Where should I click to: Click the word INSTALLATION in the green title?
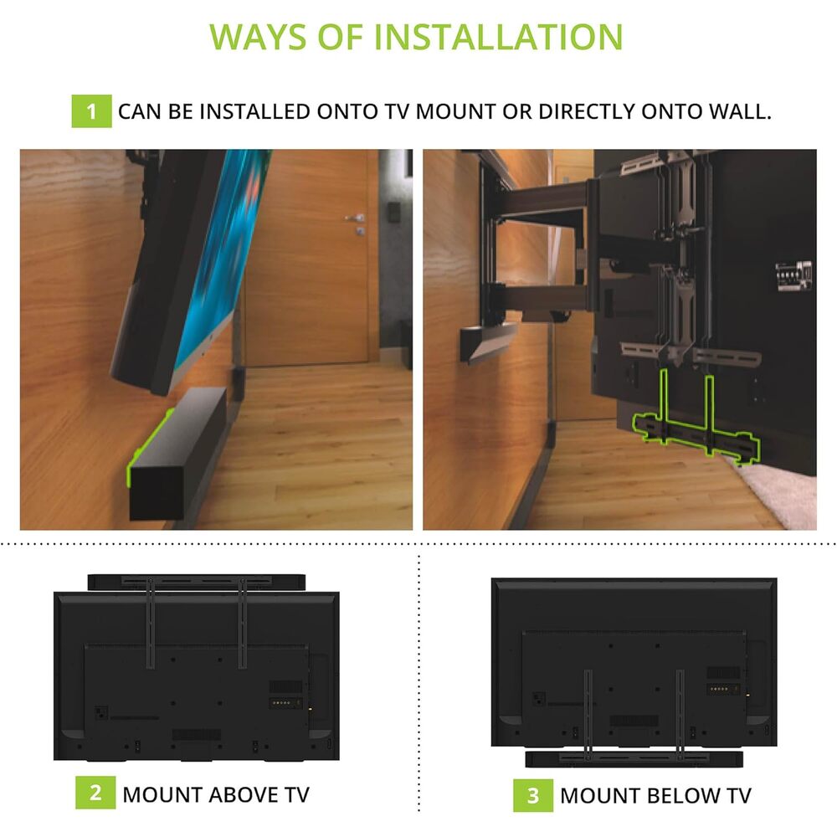[x=498, y=37]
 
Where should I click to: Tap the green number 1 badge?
[x=91, y=111]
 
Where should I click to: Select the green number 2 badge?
[x=95, y=793]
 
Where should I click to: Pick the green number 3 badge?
[x=532, y=795]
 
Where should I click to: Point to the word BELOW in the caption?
[x=681, y=796]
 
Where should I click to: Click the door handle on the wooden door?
[x=354, y=218]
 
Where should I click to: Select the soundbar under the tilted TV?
[x=177, y=453]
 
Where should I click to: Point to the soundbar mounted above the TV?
[x=197, y=583]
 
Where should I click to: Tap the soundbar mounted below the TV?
[x=634, y=759]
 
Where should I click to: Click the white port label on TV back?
[x=793, y=275]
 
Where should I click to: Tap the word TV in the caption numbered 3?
[x=738, y=796]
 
